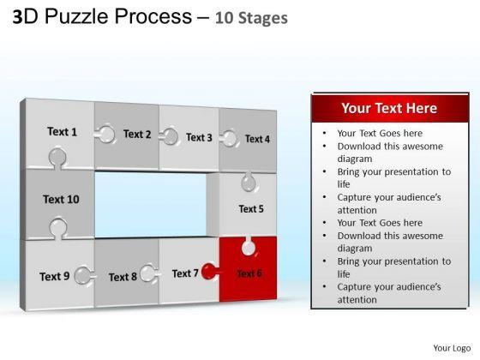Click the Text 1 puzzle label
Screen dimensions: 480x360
pos(62,132)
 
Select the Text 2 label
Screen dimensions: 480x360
pos(137,134)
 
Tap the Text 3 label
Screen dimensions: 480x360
pos(199,137)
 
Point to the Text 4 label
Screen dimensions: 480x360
pos(257,139)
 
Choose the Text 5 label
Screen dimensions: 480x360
pos(251,209)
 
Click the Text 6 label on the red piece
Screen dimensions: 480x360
pos(249,273)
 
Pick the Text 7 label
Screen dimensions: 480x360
pos(185,273)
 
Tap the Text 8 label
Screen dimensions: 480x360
pos(123,277)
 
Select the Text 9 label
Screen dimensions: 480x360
pos(55,276)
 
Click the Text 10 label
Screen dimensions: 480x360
pos(61,199)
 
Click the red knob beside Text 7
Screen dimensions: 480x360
pos(209,271)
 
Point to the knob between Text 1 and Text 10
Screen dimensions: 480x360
pos(57,158)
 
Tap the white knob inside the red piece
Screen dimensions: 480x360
pos(249,247)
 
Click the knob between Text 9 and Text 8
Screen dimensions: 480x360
pos(84,275)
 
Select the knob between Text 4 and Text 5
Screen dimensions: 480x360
pos(249,182)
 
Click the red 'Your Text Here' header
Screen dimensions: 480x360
pos(390,108)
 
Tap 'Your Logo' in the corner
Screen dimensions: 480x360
pos(452,348)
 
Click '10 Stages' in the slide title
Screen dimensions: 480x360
pos(251,18)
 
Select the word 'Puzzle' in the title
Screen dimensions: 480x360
pos(76,16)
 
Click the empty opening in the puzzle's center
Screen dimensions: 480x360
pos(151,204)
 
